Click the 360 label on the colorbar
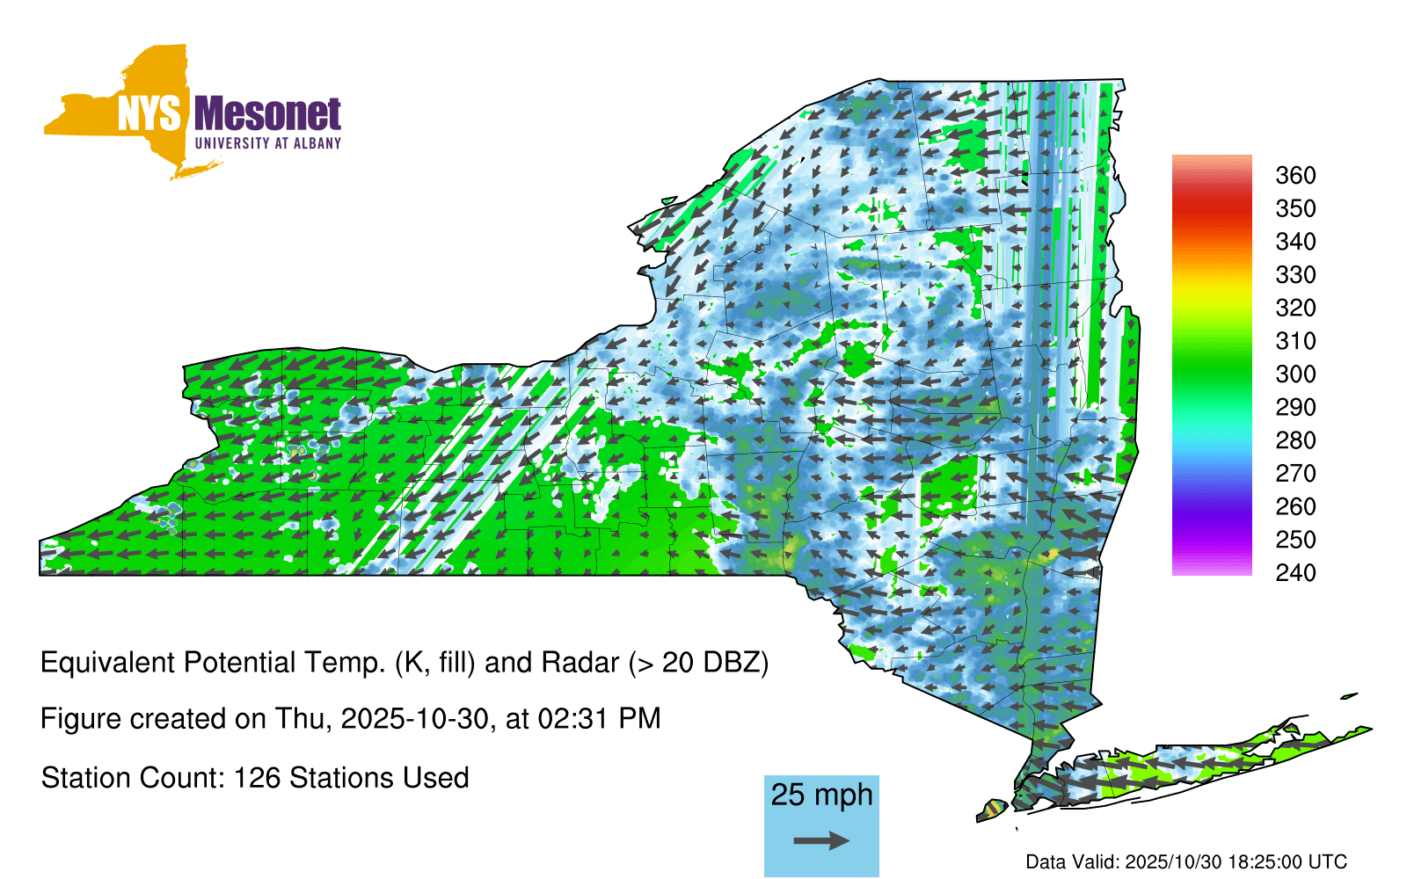coord(1295,175)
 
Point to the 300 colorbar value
coord(1295,374)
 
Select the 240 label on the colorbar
coord(1295,572)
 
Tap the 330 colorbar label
coord(1295,274)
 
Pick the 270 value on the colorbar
coord(1295,474)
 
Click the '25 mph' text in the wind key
coord(821,795)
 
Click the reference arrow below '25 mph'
coord(821,840)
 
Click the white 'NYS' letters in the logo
coord(149,113)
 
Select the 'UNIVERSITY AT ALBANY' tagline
coord(268,143)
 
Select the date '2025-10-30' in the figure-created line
coord(414,719)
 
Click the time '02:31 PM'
coord(599,719)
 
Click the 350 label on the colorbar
coord(1295,208)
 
